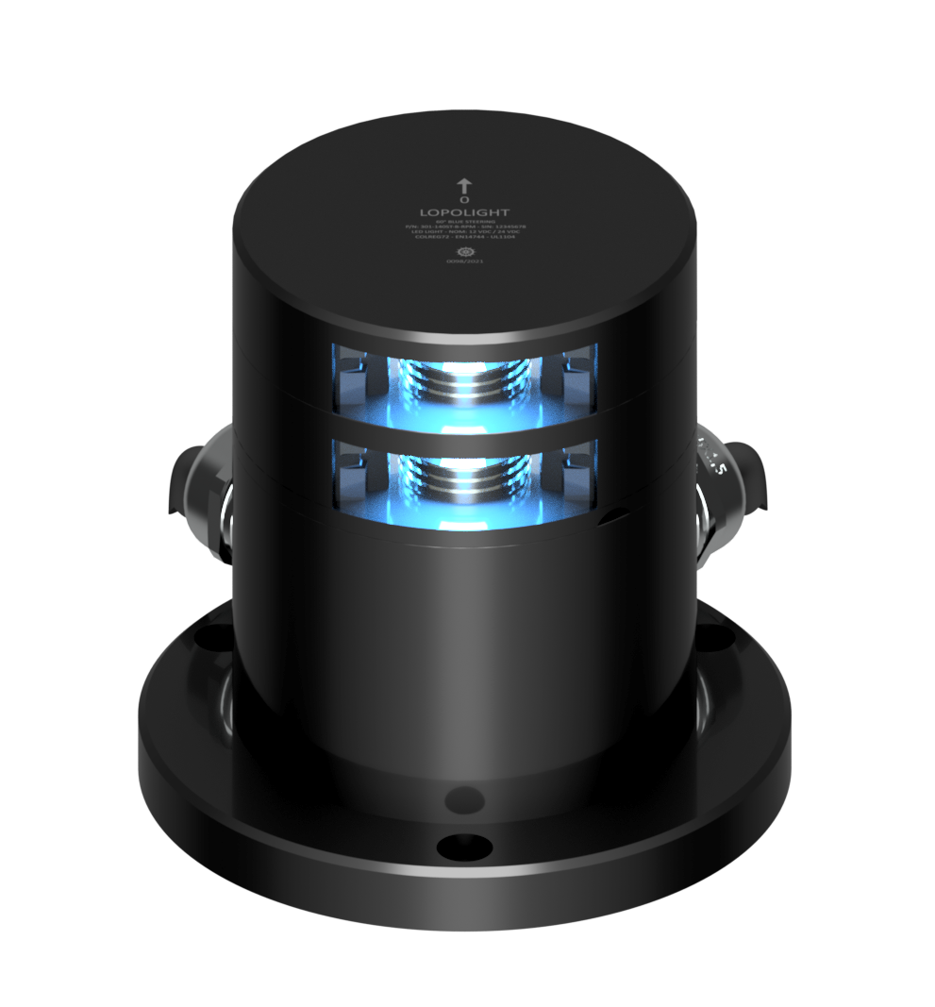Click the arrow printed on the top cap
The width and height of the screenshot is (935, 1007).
[x=463, y=185]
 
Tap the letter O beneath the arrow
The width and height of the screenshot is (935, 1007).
[x=463, y=201]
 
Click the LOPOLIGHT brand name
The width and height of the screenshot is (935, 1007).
[x=463, y=213]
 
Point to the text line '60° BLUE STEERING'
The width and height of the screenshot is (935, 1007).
[x=463, y=222]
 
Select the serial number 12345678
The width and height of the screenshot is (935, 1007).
[x=507, y=227]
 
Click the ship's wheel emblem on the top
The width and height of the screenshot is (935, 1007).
[x=463, y=252]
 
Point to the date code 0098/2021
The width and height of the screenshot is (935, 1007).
[x=463, y=262]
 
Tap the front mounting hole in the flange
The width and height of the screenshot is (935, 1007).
[x=456, y=844]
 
